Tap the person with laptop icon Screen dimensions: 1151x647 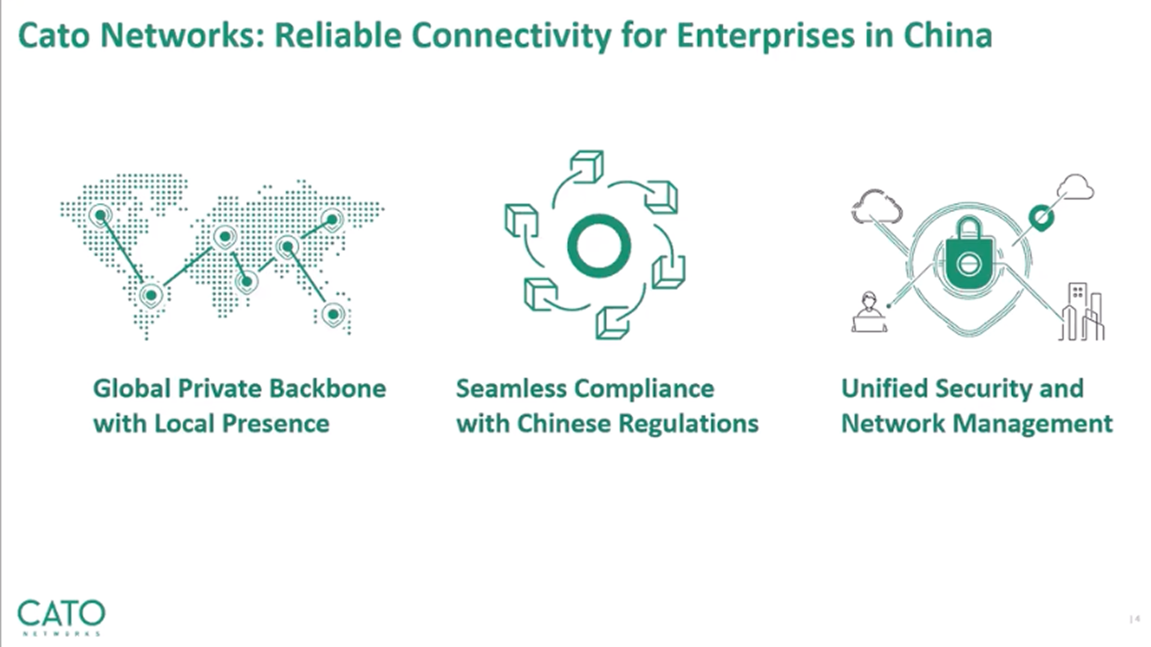click(x=869, y=312)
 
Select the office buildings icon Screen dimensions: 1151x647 click(x=1083, y=312)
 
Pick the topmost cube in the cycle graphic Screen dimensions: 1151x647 click(x=587, y=166)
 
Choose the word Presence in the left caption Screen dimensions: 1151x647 click(x=276, y=424)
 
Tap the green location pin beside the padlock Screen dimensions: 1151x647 click(x=1041, y=218)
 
